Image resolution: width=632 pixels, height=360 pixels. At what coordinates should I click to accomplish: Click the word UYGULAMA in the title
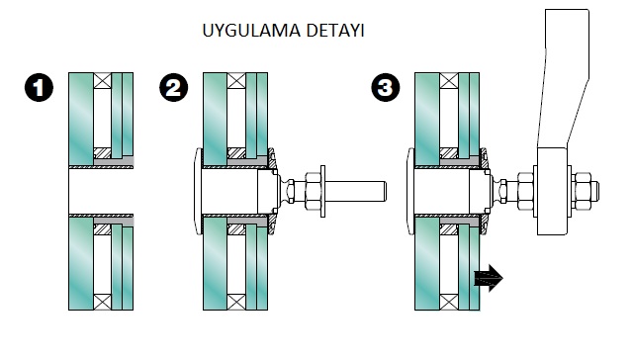tap(251, 31)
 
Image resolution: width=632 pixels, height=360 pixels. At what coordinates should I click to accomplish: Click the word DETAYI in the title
tap(335, 31)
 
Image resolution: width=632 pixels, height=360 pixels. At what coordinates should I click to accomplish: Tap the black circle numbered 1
tap(39, 87)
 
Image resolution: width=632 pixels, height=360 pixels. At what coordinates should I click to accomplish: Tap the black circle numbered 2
tap(174, 87)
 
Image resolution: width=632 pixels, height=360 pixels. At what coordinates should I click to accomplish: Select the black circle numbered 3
tap(386, 87)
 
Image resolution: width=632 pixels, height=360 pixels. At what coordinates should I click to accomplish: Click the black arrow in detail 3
tap(489, 278)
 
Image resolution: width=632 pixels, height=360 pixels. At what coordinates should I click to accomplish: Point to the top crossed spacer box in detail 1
tap(103, 81)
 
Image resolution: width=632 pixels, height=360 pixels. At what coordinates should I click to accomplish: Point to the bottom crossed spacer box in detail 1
tap(103, 302)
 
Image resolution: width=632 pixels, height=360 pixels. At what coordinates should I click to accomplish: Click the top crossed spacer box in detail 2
tap(236, 81)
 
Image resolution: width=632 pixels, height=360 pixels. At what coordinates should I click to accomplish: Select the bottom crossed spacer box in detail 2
tap(236, 302)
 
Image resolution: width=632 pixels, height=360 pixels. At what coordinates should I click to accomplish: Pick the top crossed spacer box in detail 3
tap(449, 81)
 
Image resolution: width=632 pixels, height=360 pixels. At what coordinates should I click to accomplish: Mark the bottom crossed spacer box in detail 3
tap(449, 302)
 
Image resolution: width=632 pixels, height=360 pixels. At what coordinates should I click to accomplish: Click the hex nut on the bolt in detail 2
tap(313, 191)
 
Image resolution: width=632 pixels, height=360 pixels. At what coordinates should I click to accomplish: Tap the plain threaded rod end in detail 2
tap(356, 191)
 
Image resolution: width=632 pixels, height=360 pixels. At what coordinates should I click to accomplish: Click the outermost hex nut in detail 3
tap(582, 191)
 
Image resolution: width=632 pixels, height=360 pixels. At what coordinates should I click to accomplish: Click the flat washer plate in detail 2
tap(322, 191)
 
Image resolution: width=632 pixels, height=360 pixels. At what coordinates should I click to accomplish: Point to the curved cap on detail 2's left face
tap(198, 191)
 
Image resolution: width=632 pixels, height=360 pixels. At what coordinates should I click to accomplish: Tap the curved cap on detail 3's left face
tap(410, 191)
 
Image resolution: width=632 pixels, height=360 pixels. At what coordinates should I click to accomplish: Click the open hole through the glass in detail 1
tap(101, 191)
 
